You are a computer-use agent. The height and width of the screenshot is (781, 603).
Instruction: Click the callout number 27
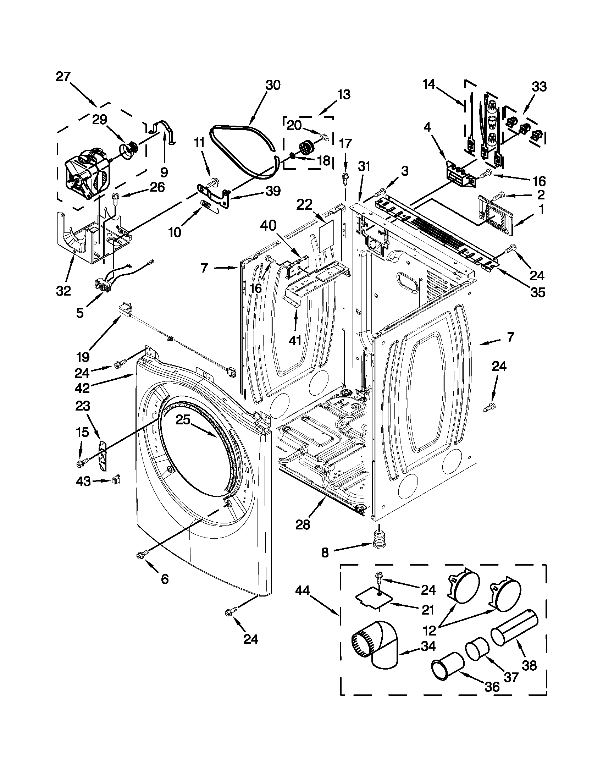click(x=63, y=77)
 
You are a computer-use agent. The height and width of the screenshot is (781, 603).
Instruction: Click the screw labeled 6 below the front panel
click(x=140, y=555)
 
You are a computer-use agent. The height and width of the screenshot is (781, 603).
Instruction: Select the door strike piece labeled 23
click(x=103, y=455)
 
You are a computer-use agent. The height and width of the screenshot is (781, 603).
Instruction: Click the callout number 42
click(x=82, y=388)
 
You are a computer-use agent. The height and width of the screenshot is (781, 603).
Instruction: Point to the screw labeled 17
click(x=345, y=178)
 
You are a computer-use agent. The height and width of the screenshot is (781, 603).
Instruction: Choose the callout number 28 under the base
click(x=303, y=525)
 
